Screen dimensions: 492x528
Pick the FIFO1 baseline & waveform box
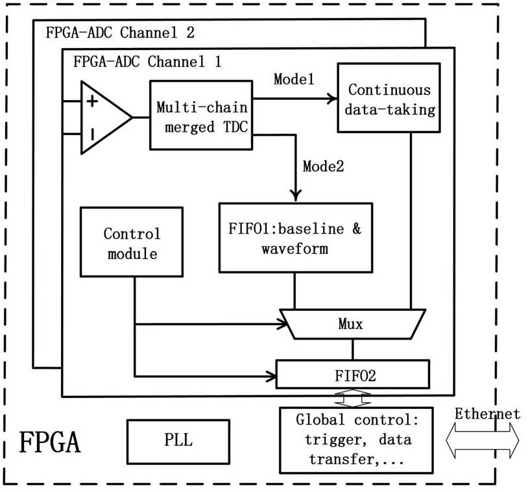296,239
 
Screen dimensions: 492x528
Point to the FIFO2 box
353,375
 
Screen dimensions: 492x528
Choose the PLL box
178,440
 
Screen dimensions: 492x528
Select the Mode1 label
294,80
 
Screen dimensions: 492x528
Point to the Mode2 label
323,166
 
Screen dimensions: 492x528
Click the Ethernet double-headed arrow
483,440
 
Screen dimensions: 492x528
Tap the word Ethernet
486,413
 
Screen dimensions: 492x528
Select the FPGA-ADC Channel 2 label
120,32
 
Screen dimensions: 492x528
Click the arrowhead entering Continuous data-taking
332,99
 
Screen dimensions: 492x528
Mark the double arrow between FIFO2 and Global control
353,397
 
